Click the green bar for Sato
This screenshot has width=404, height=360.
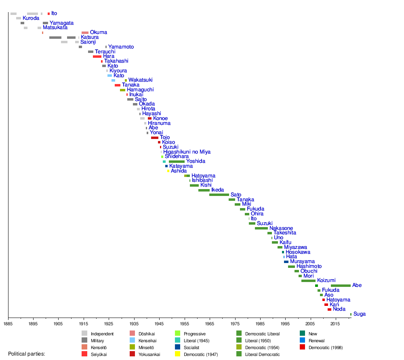coord(219,195)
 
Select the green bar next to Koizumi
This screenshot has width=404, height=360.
coord(308,280)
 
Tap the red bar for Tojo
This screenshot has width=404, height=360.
coord(155,138)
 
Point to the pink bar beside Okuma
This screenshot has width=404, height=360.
coord(85,33)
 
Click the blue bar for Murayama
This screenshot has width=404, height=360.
coord(286,262)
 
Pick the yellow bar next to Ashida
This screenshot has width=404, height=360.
coord(168,171)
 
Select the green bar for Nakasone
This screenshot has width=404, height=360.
coord(261,228)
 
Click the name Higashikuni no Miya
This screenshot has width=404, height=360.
coord(187,152)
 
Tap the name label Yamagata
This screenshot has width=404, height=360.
coord(61,23)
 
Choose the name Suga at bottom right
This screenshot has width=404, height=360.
coord(360,314)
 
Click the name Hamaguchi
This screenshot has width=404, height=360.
coord(140,90)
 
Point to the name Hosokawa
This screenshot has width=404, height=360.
coord(298,252)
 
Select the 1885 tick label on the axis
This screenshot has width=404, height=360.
coord(8,324)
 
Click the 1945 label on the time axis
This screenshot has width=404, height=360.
coord(159,324)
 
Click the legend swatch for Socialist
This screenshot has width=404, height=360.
coord(177,347)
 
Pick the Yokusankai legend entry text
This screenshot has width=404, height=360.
coord(149,354)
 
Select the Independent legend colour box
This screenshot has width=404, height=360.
coord(84,333)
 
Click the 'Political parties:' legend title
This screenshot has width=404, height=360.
coord(27,354)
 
